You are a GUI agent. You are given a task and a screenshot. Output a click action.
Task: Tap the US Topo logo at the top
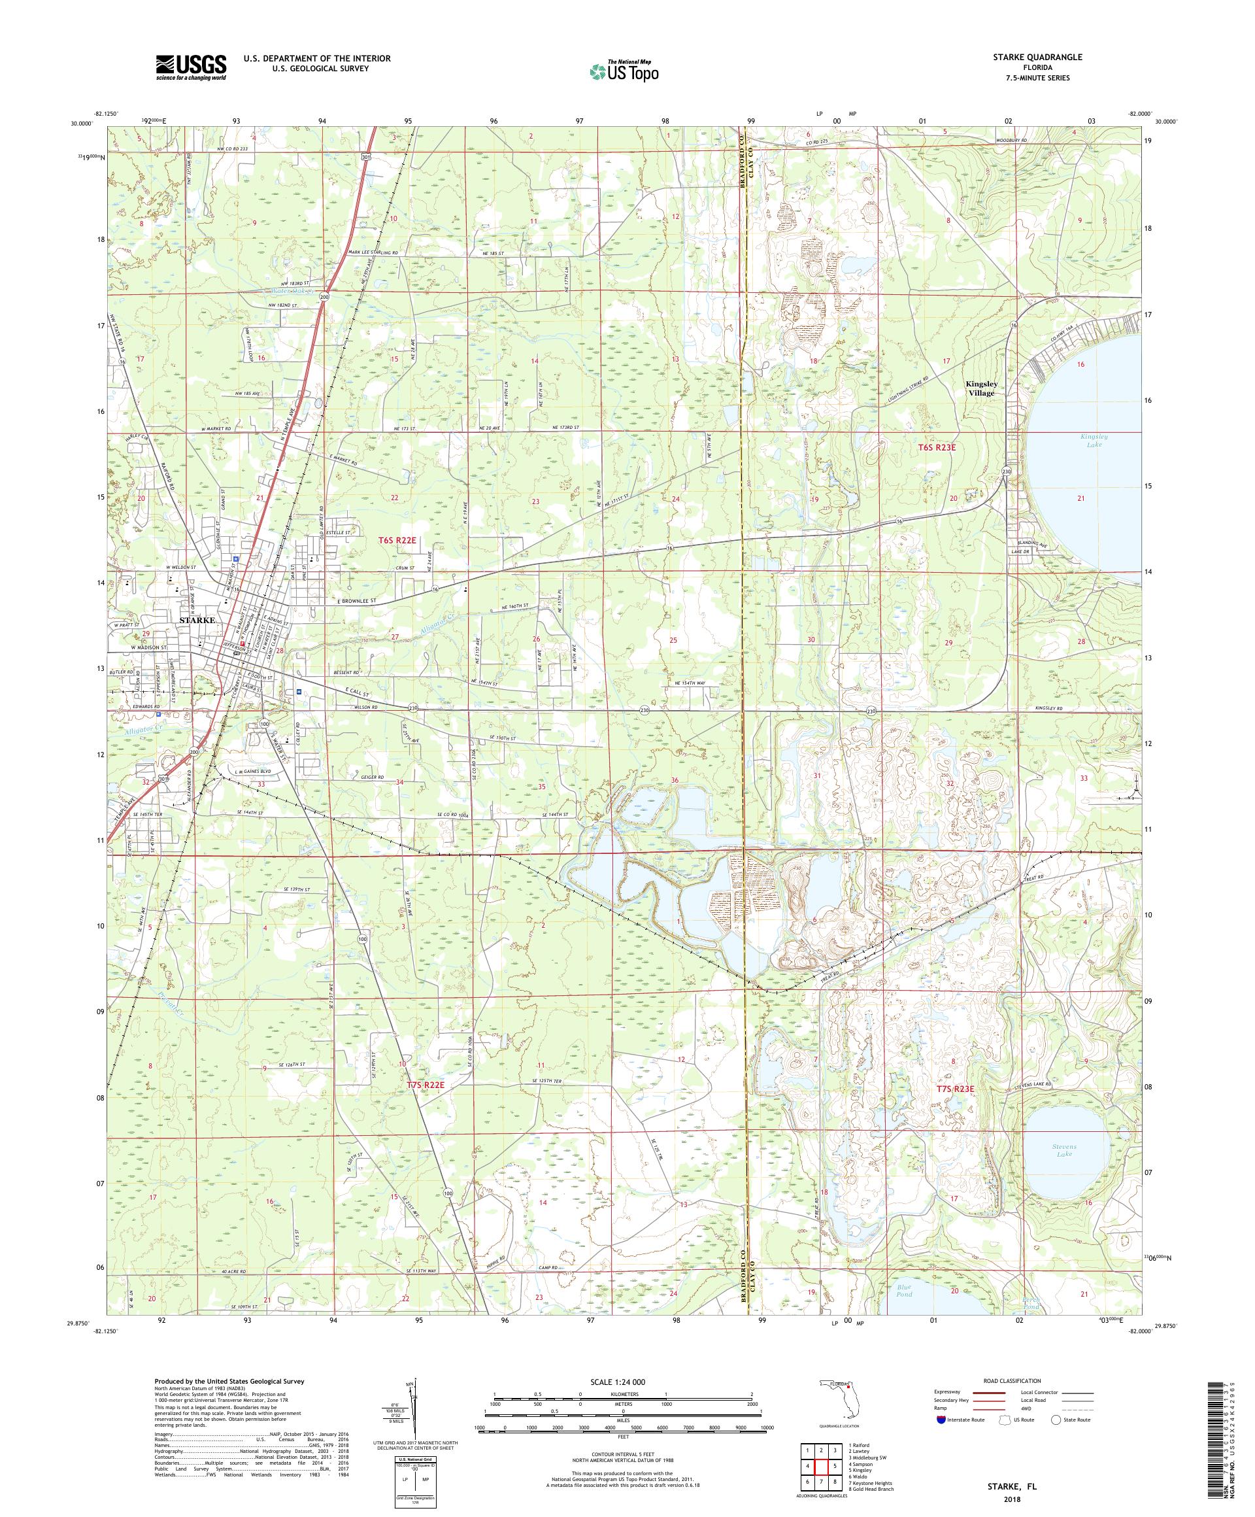[625, 71]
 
